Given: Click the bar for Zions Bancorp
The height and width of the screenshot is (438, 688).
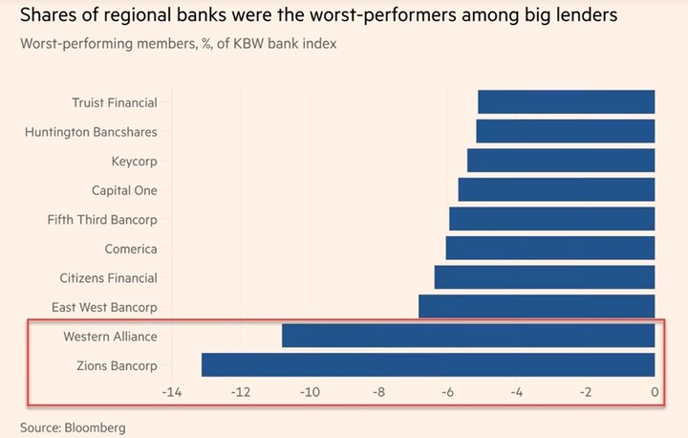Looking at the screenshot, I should pos(428,365).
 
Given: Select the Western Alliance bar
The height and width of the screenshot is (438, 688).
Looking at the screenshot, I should pos(468,336).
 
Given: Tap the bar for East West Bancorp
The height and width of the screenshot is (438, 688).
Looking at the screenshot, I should pos(536,307).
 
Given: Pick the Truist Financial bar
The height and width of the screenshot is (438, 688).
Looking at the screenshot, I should pos(566,102).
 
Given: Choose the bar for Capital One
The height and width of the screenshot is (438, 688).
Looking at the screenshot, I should pos(556,190).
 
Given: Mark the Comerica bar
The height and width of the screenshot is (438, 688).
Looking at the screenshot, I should pos(549,249).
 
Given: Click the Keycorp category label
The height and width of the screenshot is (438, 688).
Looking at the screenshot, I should pos(134,162).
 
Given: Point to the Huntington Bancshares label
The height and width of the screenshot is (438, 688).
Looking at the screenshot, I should pos(91,132).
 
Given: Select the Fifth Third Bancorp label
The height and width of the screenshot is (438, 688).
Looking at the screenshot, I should pos(102,220).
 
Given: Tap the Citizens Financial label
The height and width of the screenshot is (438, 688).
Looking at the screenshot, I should pos(108,278).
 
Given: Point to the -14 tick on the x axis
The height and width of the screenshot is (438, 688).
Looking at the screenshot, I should pos(172,393).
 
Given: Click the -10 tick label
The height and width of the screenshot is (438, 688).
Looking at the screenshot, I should pos(310,393).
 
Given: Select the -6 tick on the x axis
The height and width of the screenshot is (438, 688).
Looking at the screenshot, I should pos(448,393).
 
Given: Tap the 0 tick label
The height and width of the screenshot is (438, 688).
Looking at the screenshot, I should pos(655,393).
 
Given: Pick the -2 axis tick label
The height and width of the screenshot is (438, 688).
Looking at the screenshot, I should pos(586,393).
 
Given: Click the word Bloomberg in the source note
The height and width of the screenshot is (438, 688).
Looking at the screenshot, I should pos(96,427).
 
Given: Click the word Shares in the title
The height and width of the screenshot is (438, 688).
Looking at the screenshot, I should pos(46,15).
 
